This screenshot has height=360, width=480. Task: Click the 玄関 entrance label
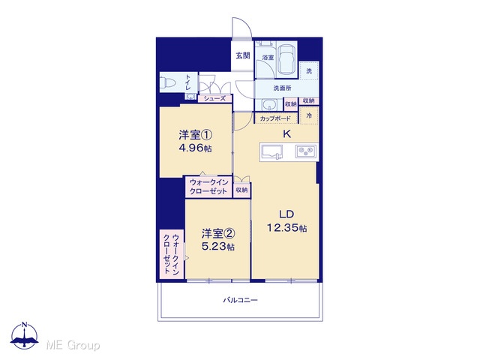click(x=243, y=55)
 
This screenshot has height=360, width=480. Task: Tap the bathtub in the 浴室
click(x=286, y=60)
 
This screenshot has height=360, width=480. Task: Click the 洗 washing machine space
click(x=309, y=70)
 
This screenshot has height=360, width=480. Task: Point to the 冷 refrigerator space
click(x=309, y=115)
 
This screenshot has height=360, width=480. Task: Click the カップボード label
click(x=275, y=118)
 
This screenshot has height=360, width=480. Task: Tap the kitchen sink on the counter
click(x=271, y=152)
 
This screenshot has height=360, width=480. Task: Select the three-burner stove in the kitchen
click(x=305, y=151)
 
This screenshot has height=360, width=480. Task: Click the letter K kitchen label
click(x=286, y=133)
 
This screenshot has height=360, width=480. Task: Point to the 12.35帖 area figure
click(x=286, y=228)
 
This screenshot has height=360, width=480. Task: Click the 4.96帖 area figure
click(x=195, y=148)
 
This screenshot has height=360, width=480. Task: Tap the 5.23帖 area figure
click(x=218, y=247)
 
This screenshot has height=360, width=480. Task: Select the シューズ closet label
click(x=215, y=98)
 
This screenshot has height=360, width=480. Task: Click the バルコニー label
click(x=240, y=300)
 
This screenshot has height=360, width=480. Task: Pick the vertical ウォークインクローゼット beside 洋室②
click(x=172, y=254)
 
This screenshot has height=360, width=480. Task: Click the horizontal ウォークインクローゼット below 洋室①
click(x=208, y=187)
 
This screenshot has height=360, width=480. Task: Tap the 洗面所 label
click(x=282, y=88)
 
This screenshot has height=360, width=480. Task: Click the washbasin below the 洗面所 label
click(x=269, y=105)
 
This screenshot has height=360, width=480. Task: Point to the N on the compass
click(x=25, y=325)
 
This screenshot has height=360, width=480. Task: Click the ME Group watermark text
click(x=73, y=345)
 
